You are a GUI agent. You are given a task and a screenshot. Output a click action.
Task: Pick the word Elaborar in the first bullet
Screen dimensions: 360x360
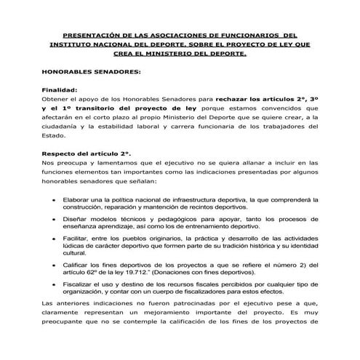click(79, 199)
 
